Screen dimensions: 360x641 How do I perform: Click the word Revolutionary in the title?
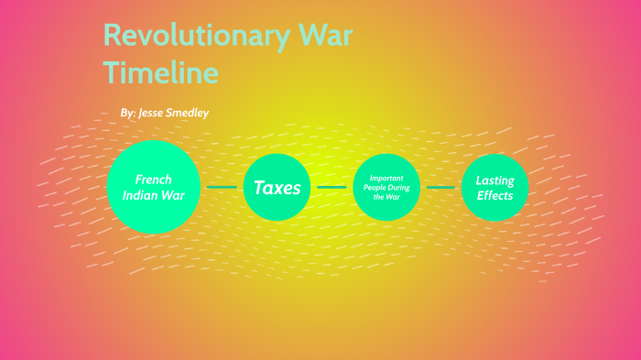pos(194,38)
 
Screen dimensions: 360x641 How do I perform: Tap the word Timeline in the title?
pos(160,71)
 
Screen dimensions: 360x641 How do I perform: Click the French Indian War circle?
pos(154,187)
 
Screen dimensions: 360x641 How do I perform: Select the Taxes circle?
pos(277,188)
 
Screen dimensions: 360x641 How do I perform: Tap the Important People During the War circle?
pos(392,187)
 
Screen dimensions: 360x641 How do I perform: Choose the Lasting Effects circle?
pos(494,188)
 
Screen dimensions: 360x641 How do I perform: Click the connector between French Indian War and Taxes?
pos(222,187)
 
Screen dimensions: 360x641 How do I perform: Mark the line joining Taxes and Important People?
pos(331,187)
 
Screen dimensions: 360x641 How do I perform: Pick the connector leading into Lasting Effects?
pos(443,187)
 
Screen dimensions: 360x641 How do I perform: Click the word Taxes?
pos(277,188)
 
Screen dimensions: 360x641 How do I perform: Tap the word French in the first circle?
pos(154,180)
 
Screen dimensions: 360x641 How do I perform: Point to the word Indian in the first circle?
pos(140,195)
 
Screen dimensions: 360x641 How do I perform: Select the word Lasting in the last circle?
pos(494,180)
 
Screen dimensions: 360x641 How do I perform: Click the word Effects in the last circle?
pos(494,195)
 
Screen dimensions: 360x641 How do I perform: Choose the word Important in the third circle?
pos(386,178)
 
